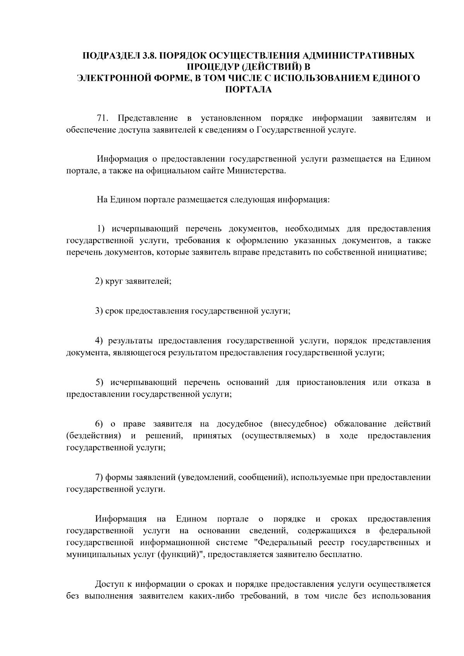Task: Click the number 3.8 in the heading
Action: [149, 56]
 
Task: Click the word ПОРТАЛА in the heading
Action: [248, 90]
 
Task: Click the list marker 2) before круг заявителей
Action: [100, 281]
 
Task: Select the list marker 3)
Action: [100, 311]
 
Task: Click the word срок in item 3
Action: [114, 311]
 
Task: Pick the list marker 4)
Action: [100, 341]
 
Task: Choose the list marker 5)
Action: [100, 383]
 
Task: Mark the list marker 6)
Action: [100, 424]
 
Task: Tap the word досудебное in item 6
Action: [240, 424]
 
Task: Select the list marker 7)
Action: [100, 477]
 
